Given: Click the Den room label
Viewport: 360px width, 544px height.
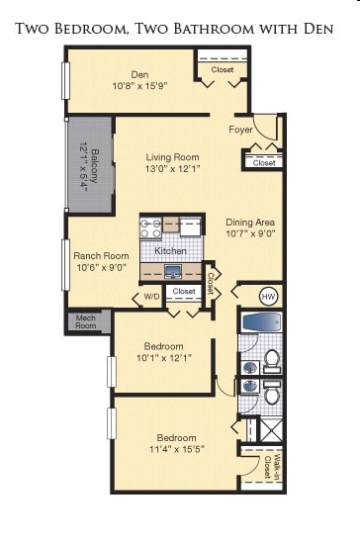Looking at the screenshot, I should click(138, 73).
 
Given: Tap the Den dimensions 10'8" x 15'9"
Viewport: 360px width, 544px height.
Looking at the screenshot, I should click(138, 85).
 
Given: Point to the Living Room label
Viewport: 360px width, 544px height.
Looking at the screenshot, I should click(173, 156).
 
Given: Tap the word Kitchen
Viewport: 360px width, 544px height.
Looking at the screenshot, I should click(170, 251).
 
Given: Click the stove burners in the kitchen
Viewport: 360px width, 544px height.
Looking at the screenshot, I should click(150, 228).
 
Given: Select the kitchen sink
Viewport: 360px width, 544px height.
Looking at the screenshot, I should click(172, 270).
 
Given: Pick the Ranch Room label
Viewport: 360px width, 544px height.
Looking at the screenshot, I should click(101, 255).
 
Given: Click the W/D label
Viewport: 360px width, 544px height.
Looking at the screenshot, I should click(151, 296).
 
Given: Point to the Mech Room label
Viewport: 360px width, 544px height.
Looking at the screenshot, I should click(86, 321).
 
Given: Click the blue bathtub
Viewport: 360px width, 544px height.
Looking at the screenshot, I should click(262, 321).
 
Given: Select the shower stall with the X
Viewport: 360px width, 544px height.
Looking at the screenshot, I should click(270, 430).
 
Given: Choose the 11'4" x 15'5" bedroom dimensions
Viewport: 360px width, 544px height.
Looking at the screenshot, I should click(177, 449).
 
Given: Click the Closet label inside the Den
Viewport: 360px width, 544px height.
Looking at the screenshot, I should click(222, 70).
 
